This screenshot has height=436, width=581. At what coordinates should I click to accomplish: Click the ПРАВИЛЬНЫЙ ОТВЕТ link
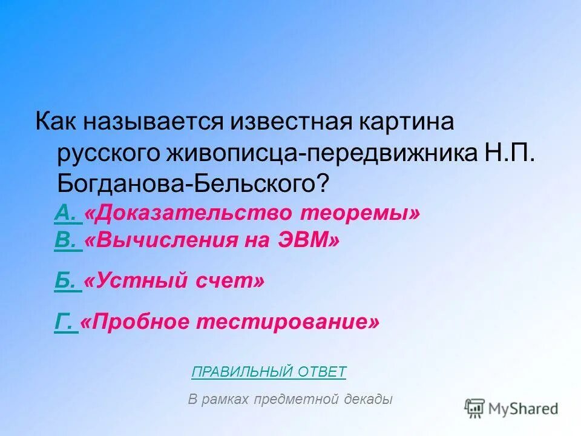[x=269, y=371]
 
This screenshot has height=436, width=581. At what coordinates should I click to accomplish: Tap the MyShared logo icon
[x=475, y=408]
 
